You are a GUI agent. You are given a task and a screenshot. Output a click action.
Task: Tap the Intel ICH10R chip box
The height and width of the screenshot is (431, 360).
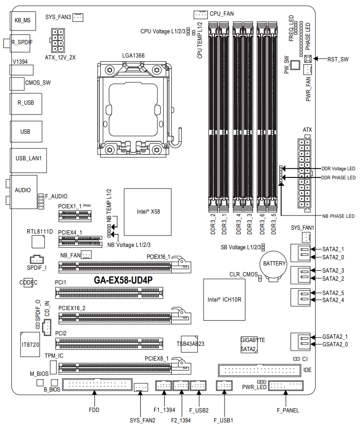[x=224, y=299]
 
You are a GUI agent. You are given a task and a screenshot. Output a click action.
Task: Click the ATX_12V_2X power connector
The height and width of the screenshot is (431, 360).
[x=59, y=39]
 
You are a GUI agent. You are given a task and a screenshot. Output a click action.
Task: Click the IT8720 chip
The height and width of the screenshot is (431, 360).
[x=30, y=344]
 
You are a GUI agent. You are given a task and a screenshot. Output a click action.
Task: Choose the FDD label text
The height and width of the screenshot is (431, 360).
[x=94, y=409]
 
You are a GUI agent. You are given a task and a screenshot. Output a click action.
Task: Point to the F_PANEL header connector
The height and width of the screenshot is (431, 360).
[x=286, y=386]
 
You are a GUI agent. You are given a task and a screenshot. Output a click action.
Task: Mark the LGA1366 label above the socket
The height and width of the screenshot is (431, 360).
[x=133, y=56]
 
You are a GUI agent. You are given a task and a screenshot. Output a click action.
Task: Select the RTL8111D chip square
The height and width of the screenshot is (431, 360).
[x=39, y=242]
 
